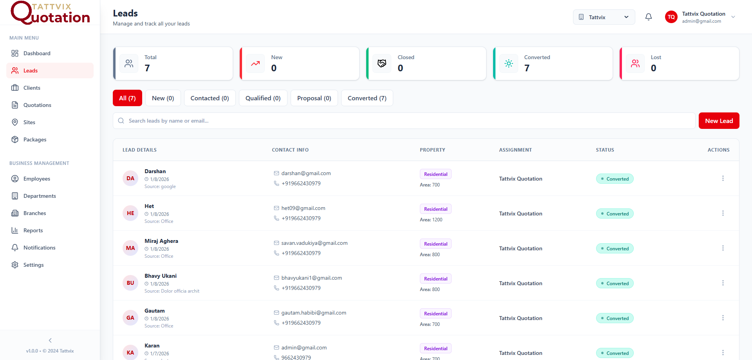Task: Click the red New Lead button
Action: (719, 121)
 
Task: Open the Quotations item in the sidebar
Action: (37, 105)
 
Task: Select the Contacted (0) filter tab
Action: (210, 98)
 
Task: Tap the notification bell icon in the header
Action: (649, 17)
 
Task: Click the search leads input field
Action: (403, 121)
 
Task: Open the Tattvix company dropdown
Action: (604, 17)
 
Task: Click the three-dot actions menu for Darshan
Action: (723, 178)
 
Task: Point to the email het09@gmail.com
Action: (303, 208)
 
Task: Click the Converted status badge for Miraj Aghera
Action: (615, 248)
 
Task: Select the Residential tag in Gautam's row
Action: (436, 313)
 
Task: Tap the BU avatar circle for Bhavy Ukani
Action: (130, 283)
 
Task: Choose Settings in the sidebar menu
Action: (33, 265)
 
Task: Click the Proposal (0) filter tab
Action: (314, 98)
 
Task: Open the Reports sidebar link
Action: (33, 230)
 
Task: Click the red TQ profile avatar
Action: (671, 17)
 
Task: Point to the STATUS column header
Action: (605, 150)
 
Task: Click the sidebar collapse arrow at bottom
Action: (50, 340)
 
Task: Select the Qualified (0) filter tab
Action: (263, 98)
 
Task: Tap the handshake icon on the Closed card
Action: (382, 63)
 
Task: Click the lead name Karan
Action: (152, 346)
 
